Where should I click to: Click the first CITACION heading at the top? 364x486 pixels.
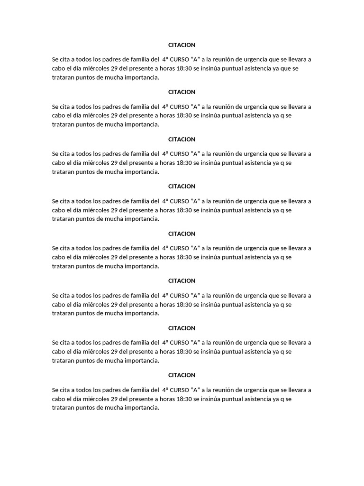tap(182, 45)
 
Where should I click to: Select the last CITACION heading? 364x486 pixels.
tap(182, 375)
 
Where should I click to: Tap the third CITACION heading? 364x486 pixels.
tap(182, 139)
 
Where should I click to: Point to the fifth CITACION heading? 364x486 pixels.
tap(182, 234)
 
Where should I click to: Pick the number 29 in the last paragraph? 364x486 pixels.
tap(114, 399)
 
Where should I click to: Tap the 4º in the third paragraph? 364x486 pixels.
tap(165, 154)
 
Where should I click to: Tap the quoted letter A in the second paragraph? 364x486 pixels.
tap(195, 106)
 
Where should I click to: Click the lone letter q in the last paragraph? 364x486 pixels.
tap(282, 399)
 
